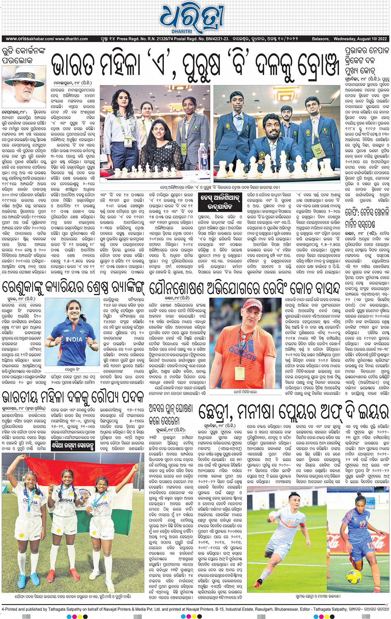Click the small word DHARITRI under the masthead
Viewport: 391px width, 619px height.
182,31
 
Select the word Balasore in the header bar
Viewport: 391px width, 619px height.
320,39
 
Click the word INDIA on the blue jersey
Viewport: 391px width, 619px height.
74,339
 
